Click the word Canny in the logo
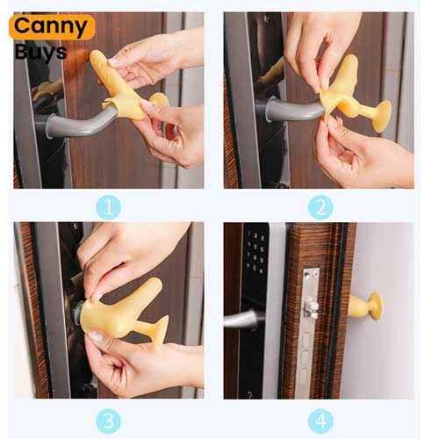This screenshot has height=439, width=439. tap(50, 26)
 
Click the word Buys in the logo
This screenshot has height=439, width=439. tap(40, 52)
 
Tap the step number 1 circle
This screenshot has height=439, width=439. tap(109, 207)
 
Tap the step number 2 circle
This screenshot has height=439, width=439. tap(320, 207)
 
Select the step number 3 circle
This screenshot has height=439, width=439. tap(109, 421)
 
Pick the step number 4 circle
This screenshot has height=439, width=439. tap(320, 421)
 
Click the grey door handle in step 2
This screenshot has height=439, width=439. tap(292, 108)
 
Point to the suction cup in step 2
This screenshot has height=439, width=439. tap(381, 116)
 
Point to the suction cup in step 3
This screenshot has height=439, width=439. tap(161, 332)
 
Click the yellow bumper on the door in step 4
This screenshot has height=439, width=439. tap(366, 306)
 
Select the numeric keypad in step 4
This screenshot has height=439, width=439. tap(255, 253)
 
